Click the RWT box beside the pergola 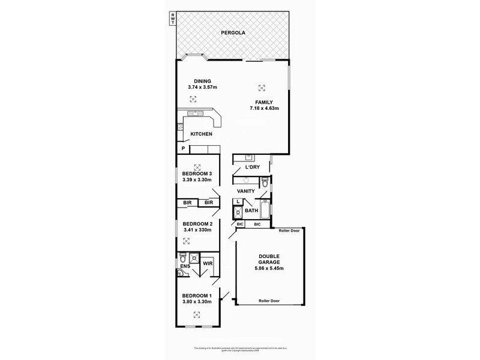[x=173, y=19]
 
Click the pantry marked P [x=182, y=148]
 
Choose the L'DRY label [x=252, y=167]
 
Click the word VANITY [x=247, y=191]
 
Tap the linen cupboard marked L [x=238, y=202]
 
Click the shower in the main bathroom [x=238, y=212]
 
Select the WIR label [x=208, y=263]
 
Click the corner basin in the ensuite [x=180, y=274]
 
